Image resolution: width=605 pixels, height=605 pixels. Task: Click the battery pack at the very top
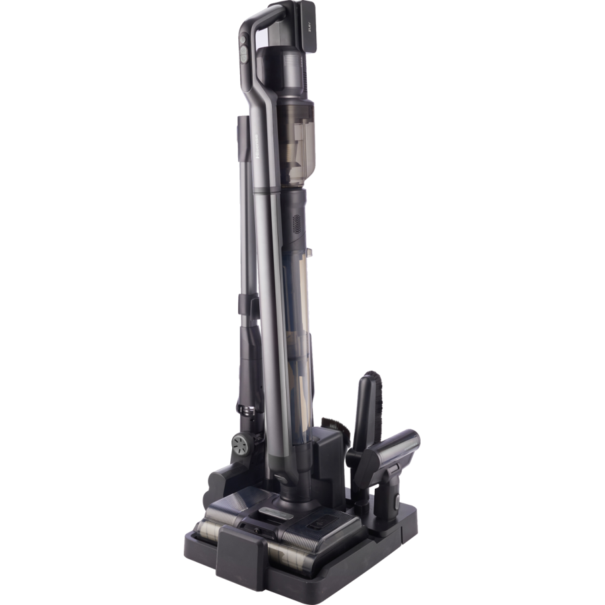(310, 26)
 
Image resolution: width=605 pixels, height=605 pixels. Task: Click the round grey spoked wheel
(241, 445)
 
